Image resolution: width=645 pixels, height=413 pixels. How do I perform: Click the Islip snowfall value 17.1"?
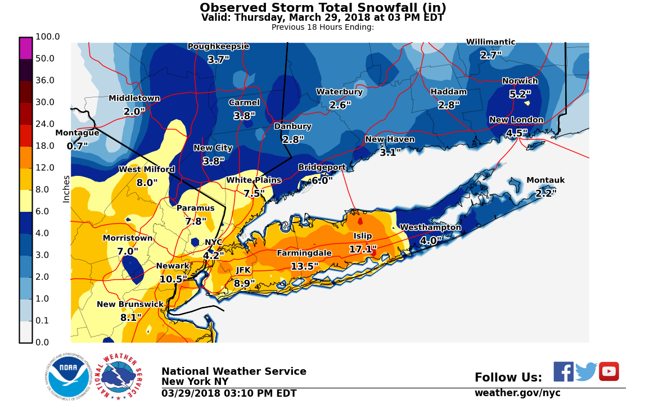pos(363,249)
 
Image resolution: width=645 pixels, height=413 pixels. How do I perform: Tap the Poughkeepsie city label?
pos(218,46)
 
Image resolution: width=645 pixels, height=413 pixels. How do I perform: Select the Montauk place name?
pos(545,180)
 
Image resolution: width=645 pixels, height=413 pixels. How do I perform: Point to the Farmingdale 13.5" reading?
pos(304,266)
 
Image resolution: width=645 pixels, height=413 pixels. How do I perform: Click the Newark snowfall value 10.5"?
pos(173,279)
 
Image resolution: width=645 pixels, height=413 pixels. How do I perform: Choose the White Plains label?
pos(253,180)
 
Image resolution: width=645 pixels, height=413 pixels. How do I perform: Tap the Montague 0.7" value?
pos(77,147)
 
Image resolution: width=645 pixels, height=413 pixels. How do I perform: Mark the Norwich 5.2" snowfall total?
pos(520,94)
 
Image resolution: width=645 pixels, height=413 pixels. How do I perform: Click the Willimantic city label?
pos(490,42)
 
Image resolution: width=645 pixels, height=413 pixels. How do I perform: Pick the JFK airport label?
pos(243,270)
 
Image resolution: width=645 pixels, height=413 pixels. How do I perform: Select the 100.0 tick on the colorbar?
pos(48,37)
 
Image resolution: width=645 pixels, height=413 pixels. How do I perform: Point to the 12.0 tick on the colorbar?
pos(45,168)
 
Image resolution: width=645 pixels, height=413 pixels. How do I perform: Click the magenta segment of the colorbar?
pos(26,48)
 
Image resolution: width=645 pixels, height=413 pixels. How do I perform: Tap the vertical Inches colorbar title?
pos(66,189)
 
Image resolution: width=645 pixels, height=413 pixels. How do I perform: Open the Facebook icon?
pos(563,372)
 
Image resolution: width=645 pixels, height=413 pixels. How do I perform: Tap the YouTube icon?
pos(608,372)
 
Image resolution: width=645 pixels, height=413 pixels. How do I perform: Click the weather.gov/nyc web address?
pos(517,393)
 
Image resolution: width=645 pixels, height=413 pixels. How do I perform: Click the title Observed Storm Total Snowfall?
pos(323,8)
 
